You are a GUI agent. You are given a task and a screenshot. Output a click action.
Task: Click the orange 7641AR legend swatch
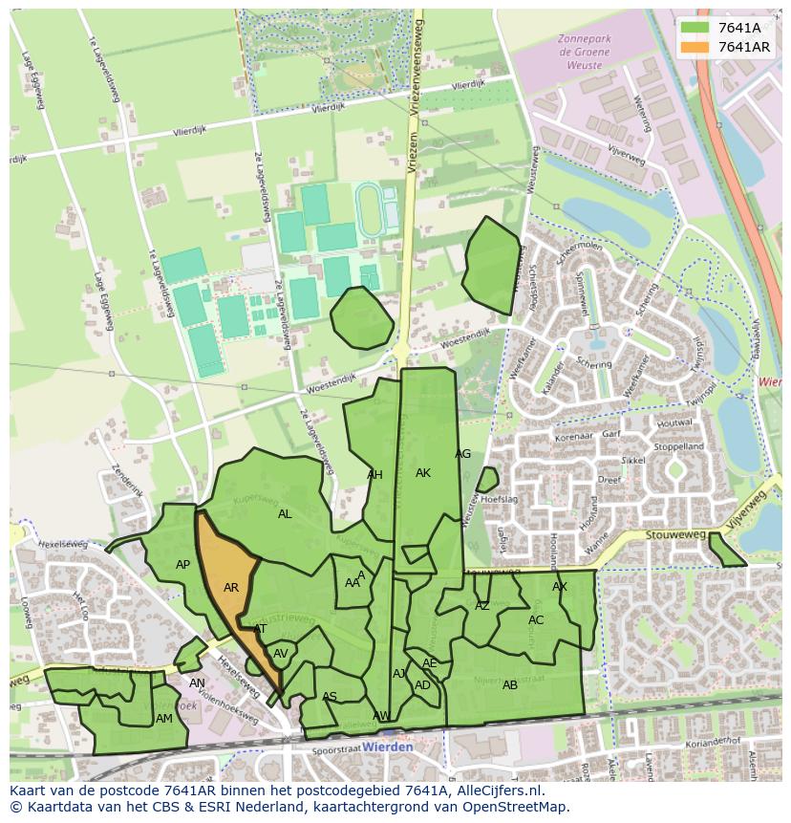(695, 47)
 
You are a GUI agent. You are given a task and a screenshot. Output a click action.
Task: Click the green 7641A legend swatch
(695, 28)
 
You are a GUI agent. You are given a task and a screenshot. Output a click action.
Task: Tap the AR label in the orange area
(231, 588)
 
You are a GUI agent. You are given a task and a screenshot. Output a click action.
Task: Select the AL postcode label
(285, 514)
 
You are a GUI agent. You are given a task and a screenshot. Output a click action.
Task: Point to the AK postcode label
(423, 473)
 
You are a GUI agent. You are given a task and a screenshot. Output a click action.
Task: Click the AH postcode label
(374, 475)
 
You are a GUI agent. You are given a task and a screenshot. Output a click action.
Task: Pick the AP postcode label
(182, 565)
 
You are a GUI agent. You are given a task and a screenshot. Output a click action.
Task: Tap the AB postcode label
(510, 685)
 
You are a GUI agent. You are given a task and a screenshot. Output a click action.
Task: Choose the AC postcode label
(536, 620)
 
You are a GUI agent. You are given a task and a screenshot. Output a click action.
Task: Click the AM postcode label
(164, 719)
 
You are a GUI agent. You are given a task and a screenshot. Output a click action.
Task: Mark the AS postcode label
(330, 697)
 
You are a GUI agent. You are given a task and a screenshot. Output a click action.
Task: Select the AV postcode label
(281, 654)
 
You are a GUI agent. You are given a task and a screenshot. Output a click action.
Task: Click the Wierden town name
(389, 747)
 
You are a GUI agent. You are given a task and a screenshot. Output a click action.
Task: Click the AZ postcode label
(482, 606)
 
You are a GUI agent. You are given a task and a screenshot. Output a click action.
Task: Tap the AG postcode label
(463, 454)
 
